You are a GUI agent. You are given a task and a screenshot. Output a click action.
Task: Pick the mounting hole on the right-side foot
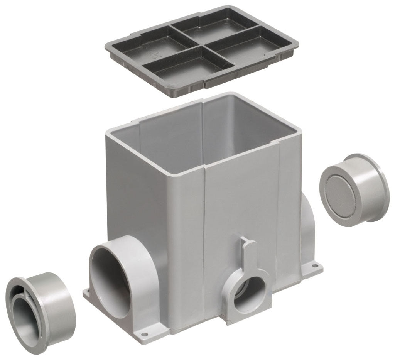(x=316, y=266)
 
